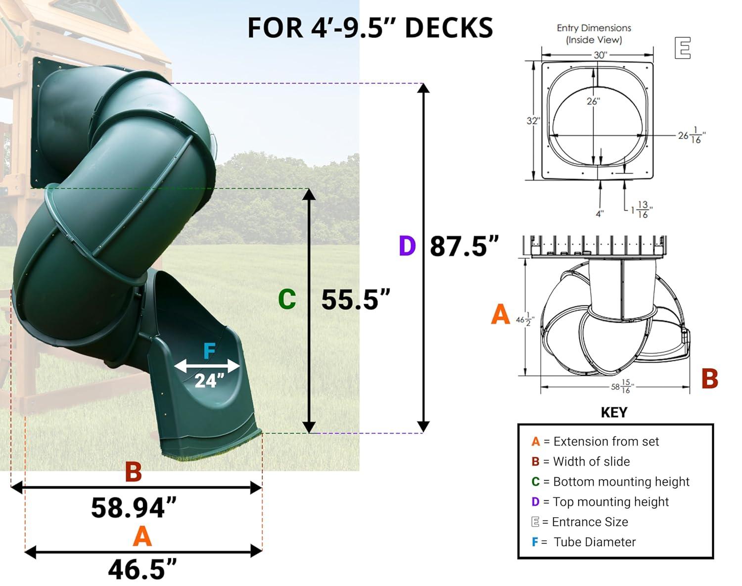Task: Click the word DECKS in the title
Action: [x=449, y=28]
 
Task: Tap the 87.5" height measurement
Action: [x=464, y=246]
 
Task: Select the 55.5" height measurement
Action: [x=356, y=299]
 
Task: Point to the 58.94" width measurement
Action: [x=134, y=508]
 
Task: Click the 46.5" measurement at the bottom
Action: [x=142, y=569]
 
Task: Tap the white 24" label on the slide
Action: [x=209, y=381]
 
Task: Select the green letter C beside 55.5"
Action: [x=287, y=299]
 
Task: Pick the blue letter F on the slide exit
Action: [x=210, y=351]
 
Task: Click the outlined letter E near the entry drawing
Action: [x=682, y=48]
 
